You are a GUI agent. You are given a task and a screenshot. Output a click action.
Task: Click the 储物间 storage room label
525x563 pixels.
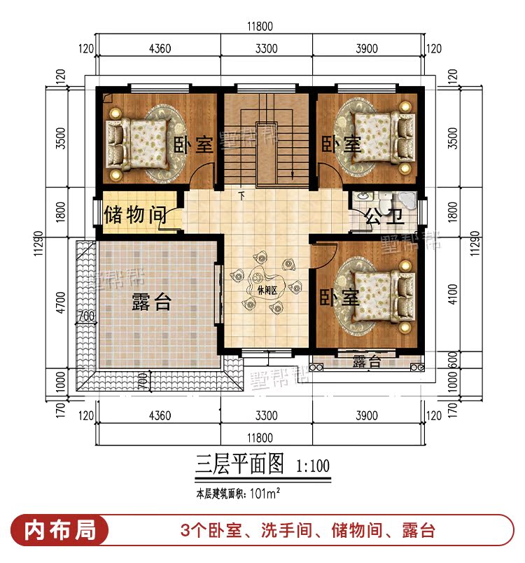(x=135, y=215)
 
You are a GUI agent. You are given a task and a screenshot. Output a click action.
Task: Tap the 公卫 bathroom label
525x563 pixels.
(x=385, y=216)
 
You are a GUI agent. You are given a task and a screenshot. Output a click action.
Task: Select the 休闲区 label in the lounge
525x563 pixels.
(x=267, y=291)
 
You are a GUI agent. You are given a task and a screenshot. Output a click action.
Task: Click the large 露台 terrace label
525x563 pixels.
(x=151, y=301)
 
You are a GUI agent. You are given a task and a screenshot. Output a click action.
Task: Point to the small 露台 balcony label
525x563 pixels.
(x=366, y=361)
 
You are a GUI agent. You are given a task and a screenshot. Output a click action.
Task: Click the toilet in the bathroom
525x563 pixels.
(x=385, y=202)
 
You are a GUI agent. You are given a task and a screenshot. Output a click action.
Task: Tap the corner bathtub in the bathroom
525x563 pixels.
(x=407, y=201)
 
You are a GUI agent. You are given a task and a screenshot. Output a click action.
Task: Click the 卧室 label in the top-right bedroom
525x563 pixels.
(x=341, y=144)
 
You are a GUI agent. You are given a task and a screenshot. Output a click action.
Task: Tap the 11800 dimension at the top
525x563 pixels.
(x=260, y=26)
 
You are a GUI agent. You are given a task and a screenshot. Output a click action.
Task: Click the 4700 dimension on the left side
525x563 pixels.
(x=62, y=303)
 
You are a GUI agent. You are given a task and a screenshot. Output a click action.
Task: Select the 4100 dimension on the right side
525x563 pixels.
(x=453, y=294)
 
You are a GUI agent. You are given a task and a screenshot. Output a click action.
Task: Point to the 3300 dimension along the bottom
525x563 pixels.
(x=266, y=415)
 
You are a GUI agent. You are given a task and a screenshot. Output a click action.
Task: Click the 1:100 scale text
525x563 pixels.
(x=313, y=466)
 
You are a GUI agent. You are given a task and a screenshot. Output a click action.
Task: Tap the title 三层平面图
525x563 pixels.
(x=239, y=464)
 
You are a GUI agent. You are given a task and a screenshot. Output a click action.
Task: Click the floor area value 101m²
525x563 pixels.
(x=265, y=494)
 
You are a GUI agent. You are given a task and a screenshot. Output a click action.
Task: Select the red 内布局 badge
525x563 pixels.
(x=59, y=530)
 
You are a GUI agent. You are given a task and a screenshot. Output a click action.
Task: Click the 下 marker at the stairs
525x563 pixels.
(x=242, y=196)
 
